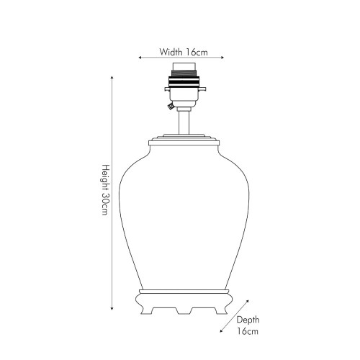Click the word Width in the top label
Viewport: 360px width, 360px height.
[171, 52]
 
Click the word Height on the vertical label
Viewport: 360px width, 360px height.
[106, 177]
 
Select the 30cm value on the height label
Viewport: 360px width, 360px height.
[106, 204]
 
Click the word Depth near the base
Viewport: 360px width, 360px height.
[248, 320]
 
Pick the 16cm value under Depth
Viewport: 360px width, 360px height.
[248, 331]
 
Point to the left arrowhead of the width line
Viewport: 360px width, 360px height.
[140, 58]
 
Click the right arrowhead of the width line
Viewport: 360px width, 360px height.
[222, 58]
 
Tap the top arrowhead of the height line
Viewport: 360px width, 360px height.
[112, 78]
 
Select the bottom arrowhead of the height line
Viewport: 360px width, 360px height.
[112, 308]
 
